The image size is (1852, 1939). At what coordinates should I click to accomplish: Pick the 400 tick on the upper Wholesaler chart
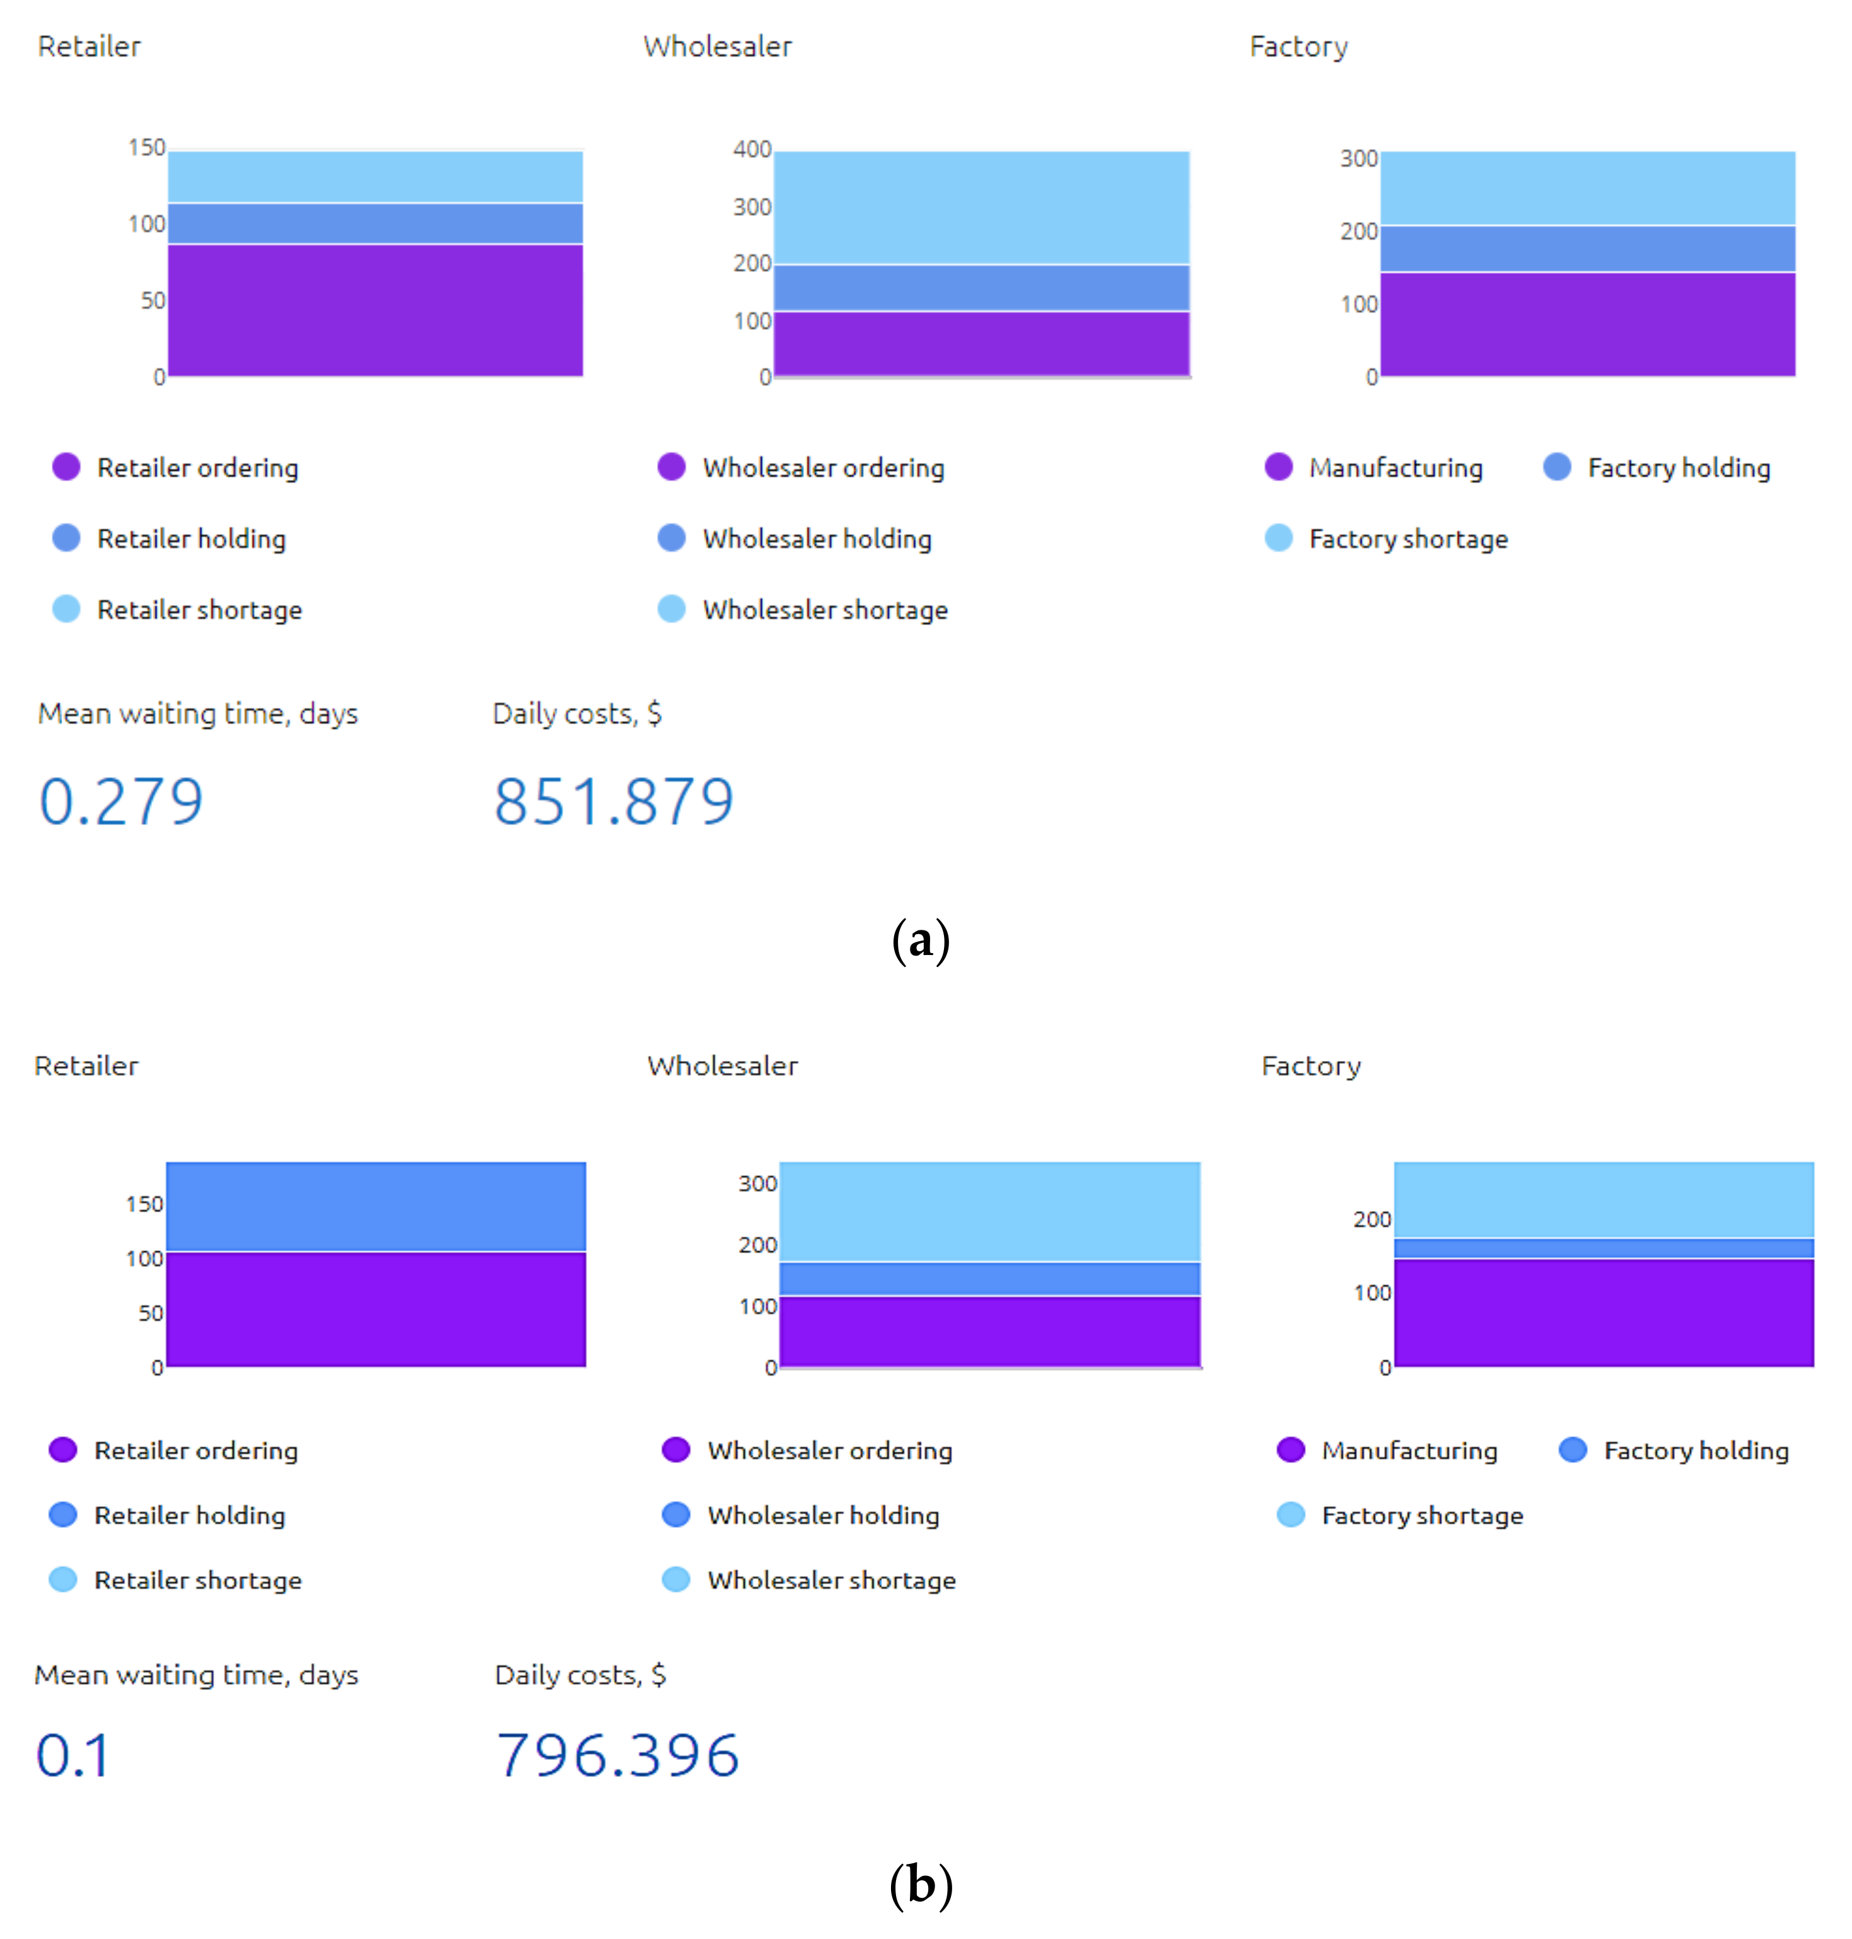(x=752, y=149)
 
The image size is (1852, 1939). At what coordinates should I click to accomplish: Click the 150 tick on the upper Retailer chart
(x=146, y=147)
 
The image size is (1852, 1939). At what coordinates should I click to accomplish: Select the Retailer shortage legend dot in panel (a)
(x=66, y=609)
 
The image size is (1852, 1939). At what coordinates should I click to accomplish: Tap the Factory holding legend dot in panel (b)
(x=1573, y=1450)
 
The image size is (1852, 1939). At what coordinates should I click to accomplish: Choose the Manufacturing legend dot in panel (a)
(x=1278, y=467)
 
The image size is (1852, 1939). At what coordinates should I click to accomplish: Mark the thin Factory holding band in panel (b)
(x=1603, y=1248)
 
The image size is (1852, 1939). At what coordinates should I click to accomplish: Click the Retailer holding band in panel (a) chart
(x=375, y=223)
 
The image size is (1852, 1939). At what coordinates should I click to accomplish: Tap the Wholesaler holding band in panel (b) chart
(x=989, y=1279)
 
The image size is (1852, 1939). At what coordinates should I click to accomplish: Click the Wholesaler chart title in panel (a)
(x=718, y=47)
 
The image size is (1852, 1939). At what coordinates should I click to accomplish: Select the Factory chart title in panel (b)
(x=1311, y=1066)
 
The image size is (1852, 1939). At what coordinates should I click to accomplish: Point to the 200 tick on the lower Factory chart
(x=1372, y=1219)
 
